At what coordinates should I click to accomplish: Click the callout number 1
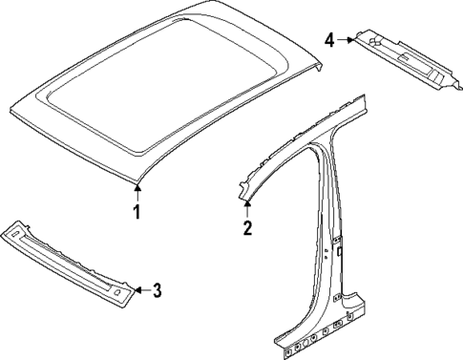coord(137,212)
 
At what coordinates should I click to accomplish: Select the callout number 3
coord(158,290)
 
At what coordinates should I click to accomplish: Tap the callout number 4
coord(329,40)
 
